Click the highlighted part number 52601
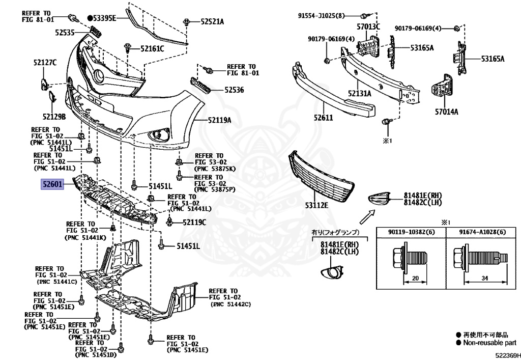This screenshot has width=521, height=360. click(52, 184)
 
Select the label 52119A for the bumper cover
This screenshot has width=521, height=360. click(220, 120)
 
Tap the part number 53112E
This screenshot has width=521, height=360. click(316, 205)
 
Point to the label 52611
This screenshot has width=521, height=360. click(323, 117)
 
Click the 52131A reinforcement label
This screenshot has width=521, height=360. click(360, 93)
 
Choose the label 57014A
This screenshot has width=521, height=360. click(447, 112)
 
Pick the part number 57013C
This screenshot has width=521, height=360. click(368, 26)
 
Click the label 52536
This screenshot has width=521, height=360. click(234, 90)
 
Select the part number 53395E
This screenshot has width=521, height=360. click(104, 18)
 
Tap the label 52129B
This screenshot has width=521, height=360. click(54, 117)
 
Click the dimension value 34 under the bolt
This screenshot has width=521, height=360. click(485, 278)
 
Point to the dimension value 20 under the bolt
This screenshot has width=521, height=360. click(415, 278)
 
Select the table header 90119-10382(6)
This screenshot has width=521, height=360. click(411, 232)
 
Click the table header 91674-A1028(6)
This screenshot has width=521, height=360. click(482, 232)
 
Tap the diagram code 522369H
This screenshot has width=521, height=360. click(508, 355)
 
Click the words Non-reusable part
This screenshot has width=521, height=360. click(490, 342)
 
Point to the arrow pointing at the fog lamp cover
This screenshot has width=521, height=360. click(367, 217)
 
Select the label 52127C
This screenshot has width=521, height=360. click(45, 62)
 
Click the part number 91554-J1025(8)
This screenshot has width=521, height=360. click(321, 16)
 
